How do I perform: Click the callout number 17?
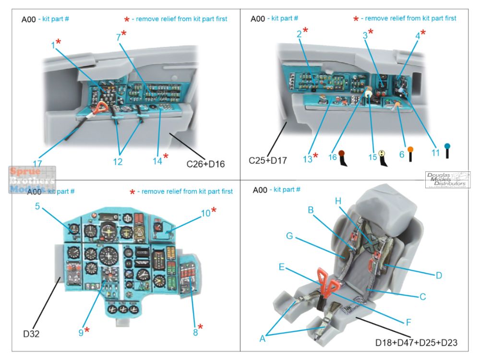click(x=37, y=163)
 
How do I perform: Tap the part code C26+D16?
click(x=205, y=164)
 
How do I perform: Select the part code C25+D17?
click(x=268, y=160)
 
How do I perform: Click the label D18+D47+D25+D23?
click(x=417, y=342)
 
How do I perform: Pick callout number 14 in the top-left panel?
click(x=157, y=161)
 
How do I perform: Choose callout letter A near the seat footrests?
click(x=262, y=338)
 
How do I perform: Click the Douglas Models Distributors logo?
click(x=447, y=180)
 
